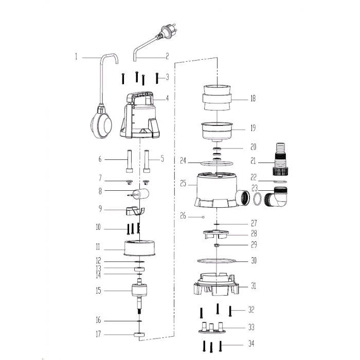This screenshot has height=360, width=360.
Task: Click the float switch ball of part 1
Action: click(x=101, y=125)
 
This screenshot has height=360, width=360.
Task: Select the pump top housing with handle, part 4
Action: click(x=139, y=115)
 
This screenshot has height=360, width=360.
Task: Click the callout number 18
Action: click(x=253, y=99)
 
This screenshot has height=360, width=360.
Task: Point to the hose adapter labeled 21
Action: click(x=280, y=159)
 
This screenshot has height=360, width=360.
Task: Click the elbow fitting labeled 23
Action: click(x=276, y=196)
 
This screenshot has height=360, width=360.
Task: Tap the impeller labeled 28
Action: click(x=215, y=234)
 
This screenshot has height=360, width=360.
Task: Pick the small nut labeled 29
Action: click(x=216, y=245)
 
